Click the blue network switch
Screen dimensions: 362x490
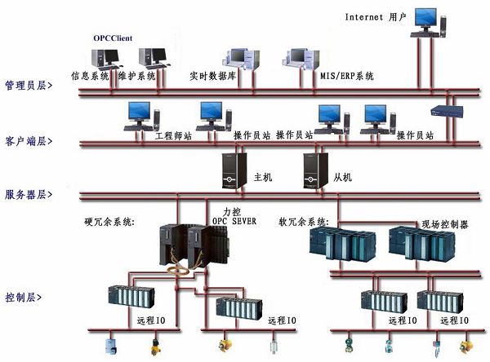pyautogui.click(x=448, y=112)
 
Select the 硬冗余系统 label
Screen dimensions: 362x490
pyautogui.click(x=109, y=221)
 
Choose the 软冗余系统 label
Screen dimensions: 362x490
pyautogui.click(x=305, y=221)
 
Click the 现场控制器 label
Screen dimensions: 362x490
pyautogui.click(x=444, y=223)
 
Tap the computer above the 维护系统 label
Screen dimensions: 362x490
pyautogui.click(x=152, y=57)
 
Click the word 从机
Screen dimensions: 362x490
pyautogui.click(x=342, y=176)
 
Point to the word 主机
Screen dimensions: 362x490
pyautogui.click(x=262, y=176)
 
